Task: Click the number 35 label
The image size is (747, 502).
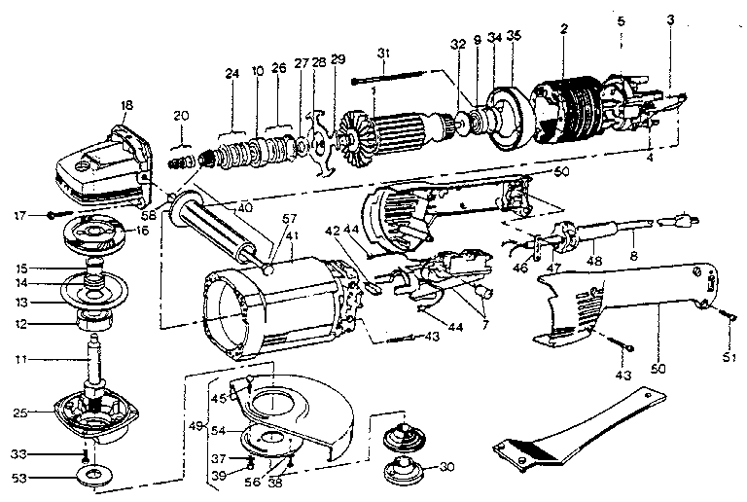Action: (x=513, y=36)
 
